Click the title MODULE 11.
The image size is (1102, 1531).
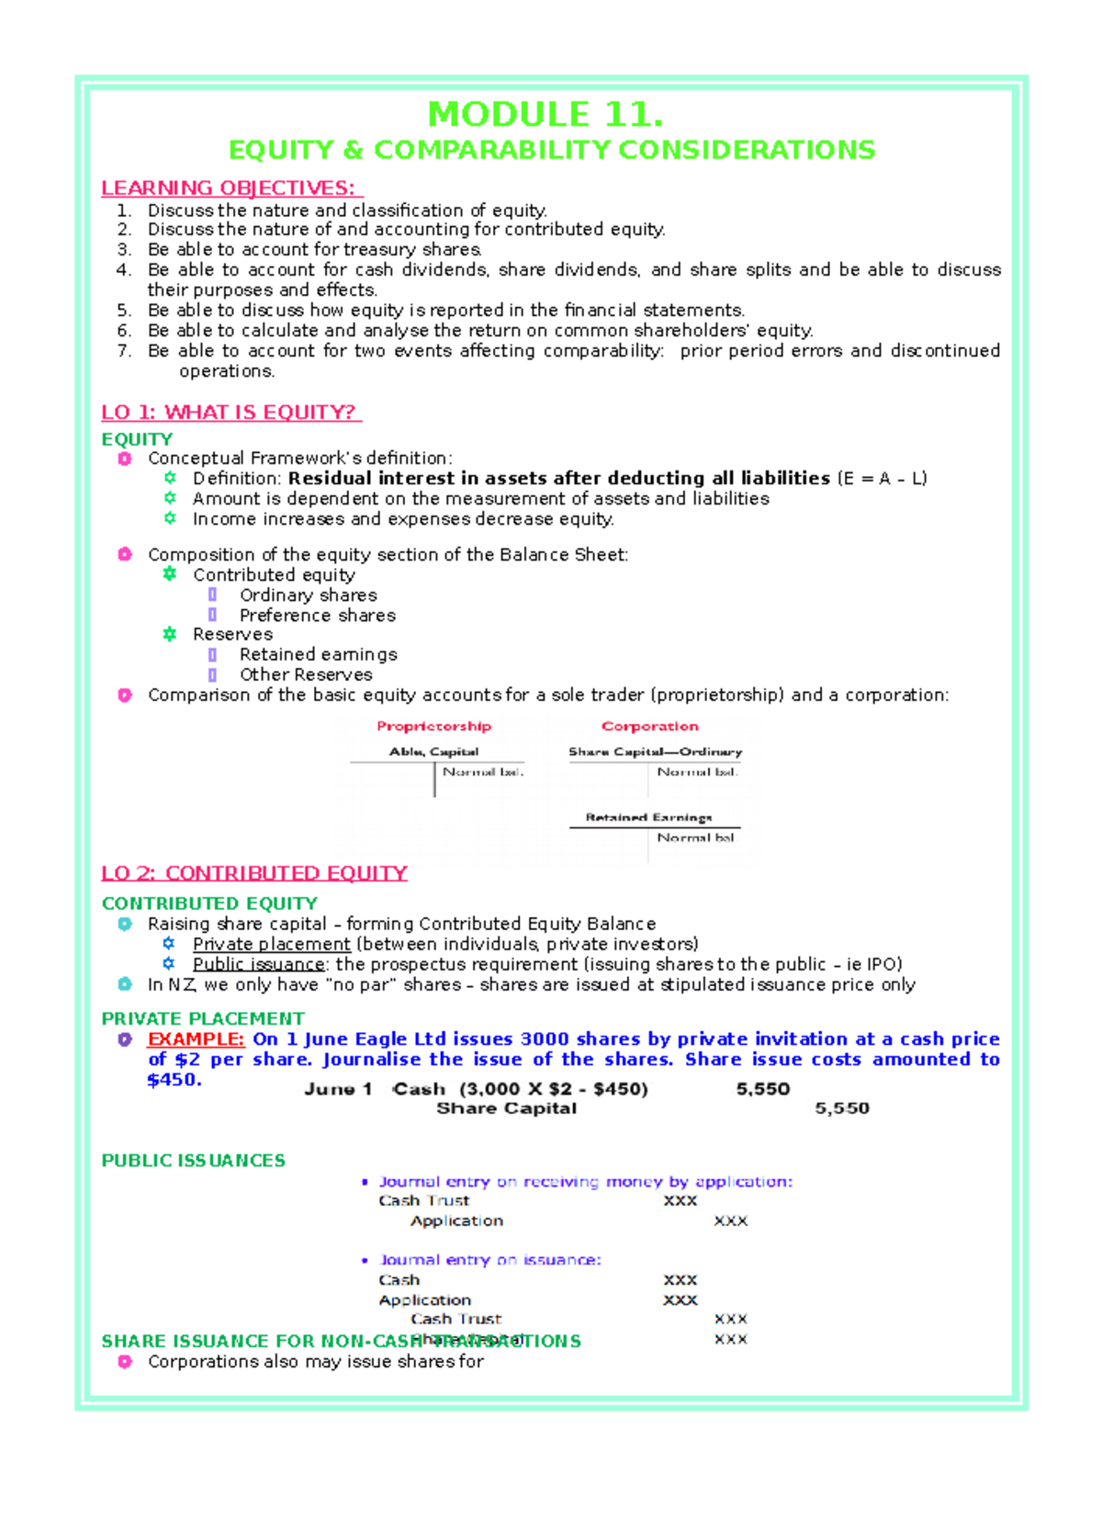(x=545, y=115)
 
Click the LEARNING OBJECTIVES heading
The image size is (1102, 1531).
(x=231, y=188)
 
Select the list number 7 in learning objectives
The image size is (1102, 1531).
(x=124, y=351)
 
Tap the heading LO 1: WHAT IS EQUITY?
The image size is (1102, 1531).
(x=231, y=413)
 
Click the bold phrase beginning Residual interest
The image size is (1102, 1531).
(x=558, y=478)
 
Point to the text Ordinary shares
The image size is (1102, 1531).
(x=308, y=595)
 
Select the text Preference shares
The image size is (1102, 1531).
(x=318, y=616)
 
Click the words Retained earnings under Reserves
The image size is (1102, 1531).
(x=318, y=654)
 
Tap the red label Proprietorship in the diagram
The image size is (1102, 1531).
(x=433, y=726)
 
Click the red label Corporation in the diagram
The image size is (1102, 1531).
(x=649, y=726)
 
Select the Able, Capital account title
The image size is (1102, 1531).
(x=433, y=752)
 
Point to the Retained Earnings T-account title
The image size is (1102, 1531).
(x=648, y=817)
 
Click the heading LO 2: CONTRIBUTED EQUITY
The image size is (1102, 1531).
(x=254, y=873)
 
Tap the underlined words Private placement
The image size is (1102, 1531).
(x=271, y=945)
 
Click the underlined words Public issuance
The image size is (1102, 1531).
(x=258, y=965)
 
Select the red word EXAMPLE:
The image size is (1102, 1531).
(x=196, y=1039)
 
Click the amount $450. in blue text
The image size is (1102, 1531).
(x=174, y=1080)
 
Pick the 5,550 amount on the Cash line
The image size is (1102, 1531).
(x=762, y=1089)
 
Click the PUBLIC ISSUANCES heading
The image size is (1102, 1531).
(x=193, y=1161)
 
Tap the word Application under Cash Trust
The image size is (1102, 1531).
(x=456, y=1221)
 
